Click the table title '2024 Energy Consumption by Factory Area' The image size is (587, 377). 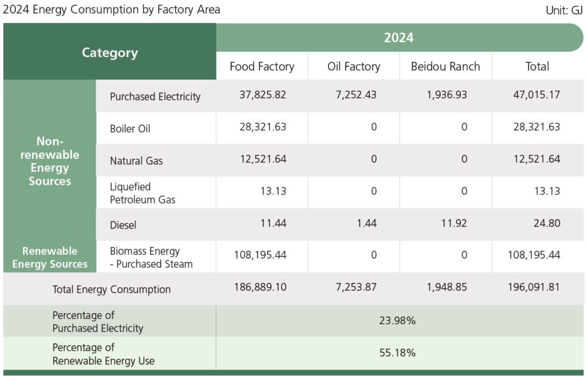click(111, 10)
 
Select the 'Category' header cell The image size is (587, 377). click(109, 53)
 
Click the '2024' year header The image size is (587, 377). click(398, 38)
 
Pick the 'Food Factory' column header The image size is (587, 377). click(262, 66)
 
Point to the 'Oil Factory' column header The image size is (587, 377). click(354, 66)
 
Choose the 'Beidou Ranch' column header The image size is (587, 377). click(445, 66)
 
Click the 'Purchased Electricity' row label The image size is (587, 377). click(155, 96)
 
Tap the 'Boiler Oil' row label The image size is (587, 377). click(130, 128)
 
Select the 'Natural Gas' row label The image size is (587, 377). click(136, 160)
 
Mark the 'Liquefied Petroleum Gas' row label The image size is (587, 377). click(143, 193)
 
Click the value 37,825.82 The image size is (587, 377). click(263, 95)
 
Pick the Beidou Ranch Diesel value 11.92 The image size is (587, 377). click(453, 223)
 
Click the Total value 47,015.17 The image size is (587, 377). click(537, 95)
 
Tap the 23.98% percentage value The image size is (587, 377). click(397, 321)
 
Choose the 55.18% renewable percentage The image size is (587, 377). click(397, 353)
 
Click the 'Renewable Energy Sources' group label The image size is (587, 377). click(50, 257)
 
